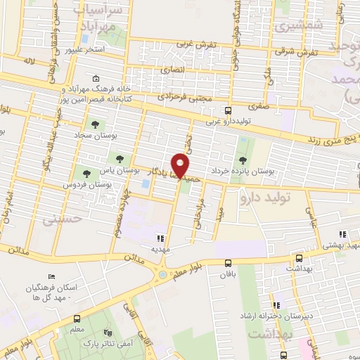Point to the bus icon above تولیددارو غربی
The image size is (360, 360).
tap(228, 110)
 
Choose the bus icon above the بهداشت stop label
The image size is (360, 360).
tap(299, 257)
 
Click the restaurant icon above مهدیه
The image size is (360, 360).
tap(160, 238)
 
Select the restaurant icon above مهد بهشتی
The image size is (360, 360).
tap(342, 235)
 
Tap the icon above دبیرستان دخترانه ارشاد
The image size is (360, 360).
tap(276, 304)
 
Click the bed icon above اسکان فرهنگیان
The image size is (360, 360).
tap(50, 276)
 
